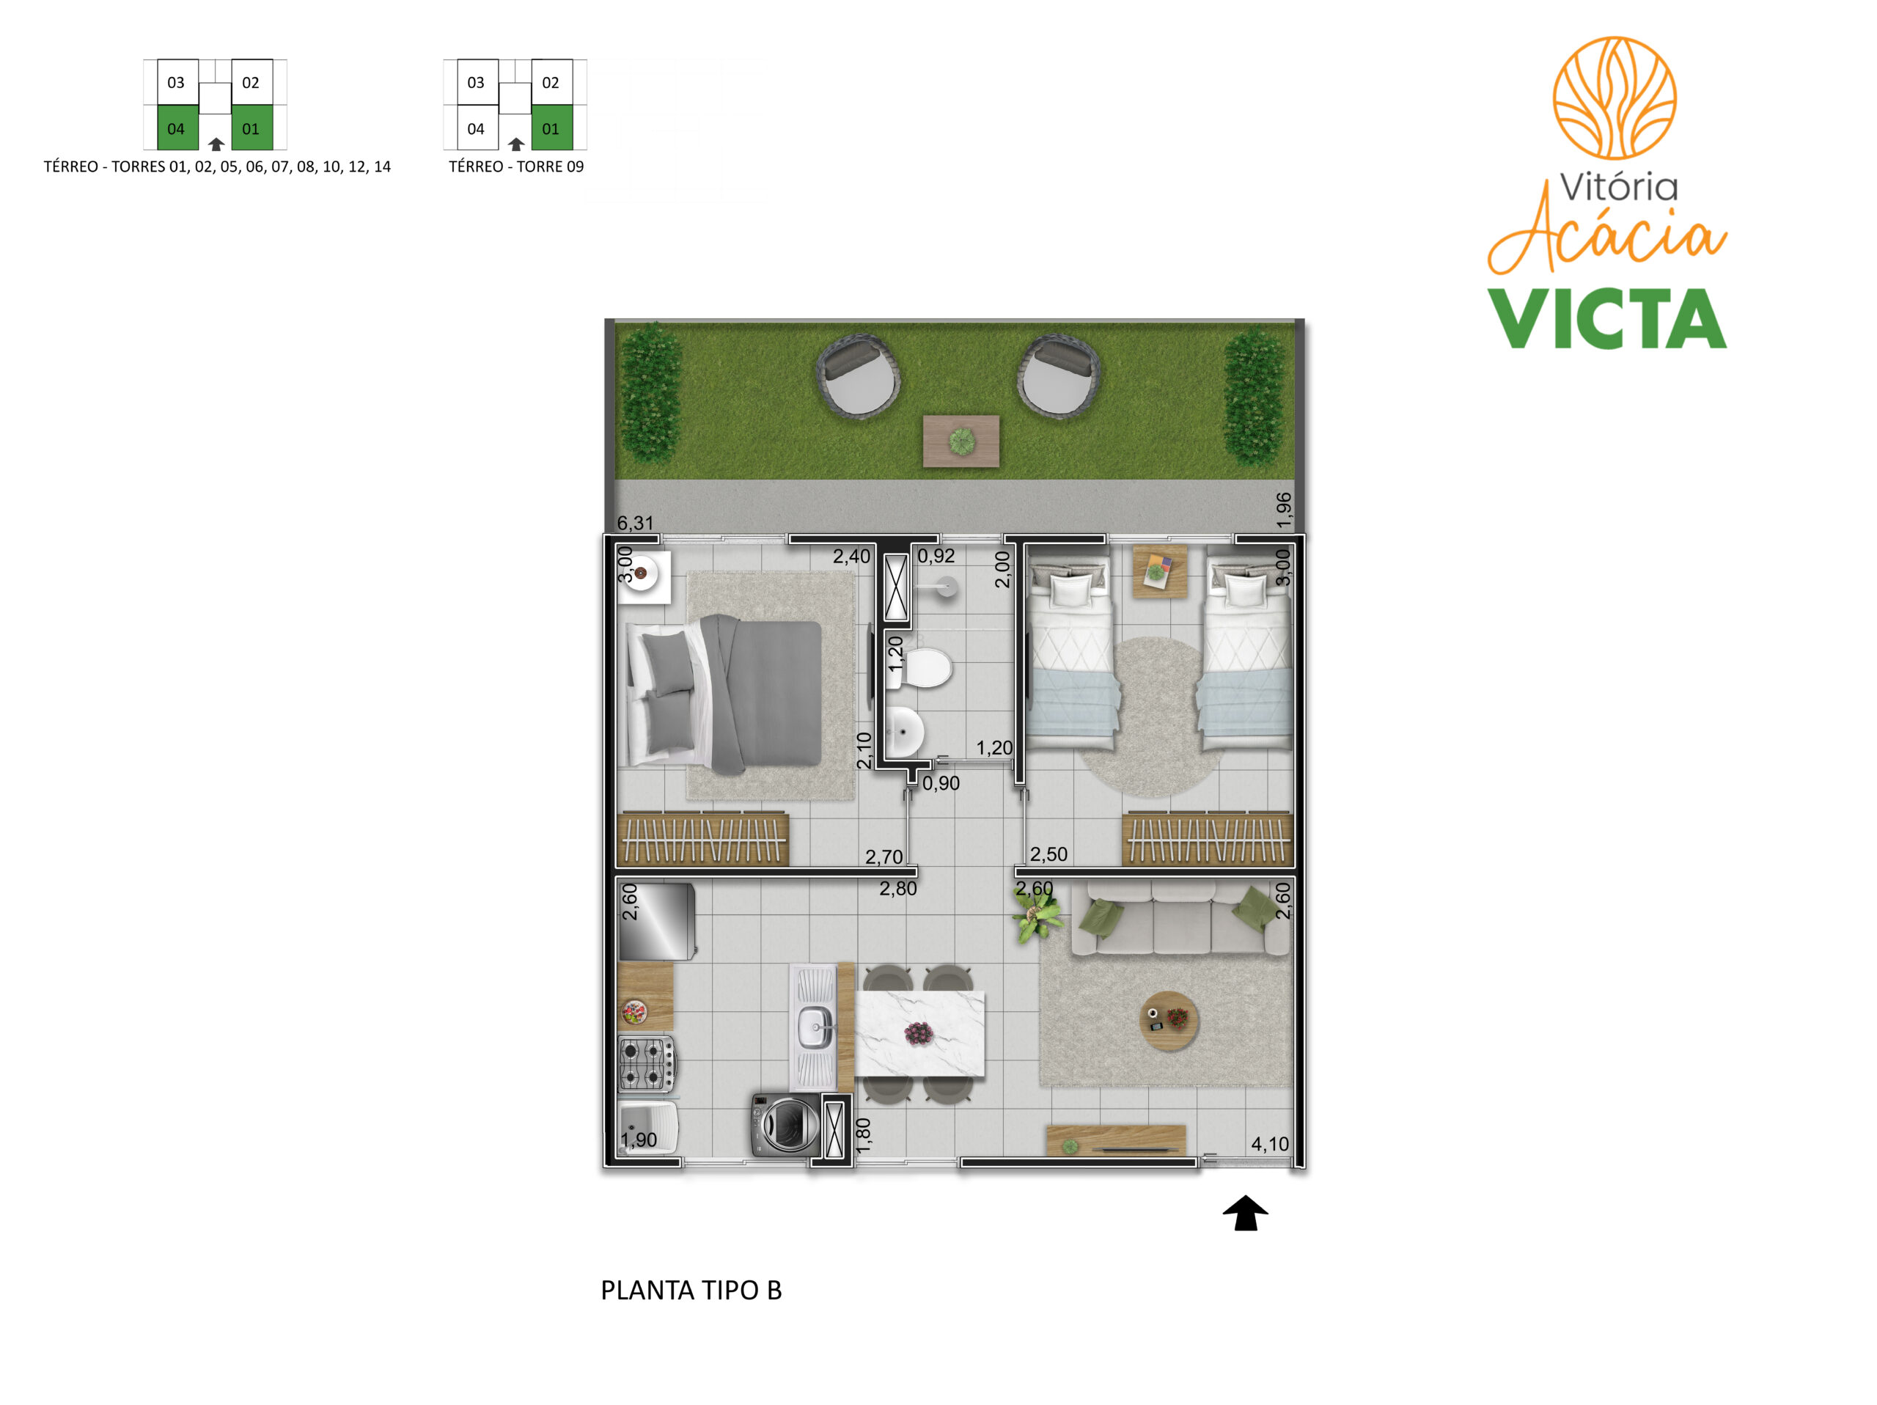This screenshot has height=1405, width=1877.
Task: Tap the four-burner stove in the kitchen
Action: click(x=647, y=1064)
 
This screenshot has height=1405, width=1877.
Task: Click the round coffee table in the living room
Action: click(x=1169, y=1021)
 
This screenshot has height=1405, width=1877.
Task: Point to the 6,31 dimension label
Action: click(x=636, y=524)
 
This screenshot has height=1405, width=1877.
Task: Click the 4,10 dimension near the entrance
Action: click(x=1269, y=1144)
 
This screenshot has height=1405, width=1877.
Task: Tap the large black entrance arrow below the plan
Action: click(x=1245, y=1212)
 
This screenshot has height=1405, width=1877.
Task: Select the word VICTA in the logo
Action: click(x=1607, y=319)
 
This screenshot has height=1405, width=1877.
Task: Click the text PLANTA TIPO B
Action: click(x=691, y=1290)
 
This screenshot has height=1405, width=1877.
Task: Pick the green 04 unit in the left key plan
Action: click(x=177, y=128)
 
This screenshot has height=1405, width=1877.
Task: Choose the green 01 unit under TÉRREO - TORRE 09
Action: click(x=551, y=128)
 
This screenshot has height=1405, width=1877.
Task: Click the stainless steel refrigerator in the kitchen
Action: click(x=657, y=922)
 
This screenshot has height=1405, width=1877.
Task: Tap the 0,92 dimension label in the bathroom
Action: click(x=936, y=557)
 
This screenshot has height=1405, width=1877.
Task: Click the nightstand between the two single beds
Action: click(x=1160, y=571)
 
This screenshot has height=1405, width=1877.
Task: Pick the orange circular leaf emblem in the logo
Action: click(x=1614, y=98)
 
